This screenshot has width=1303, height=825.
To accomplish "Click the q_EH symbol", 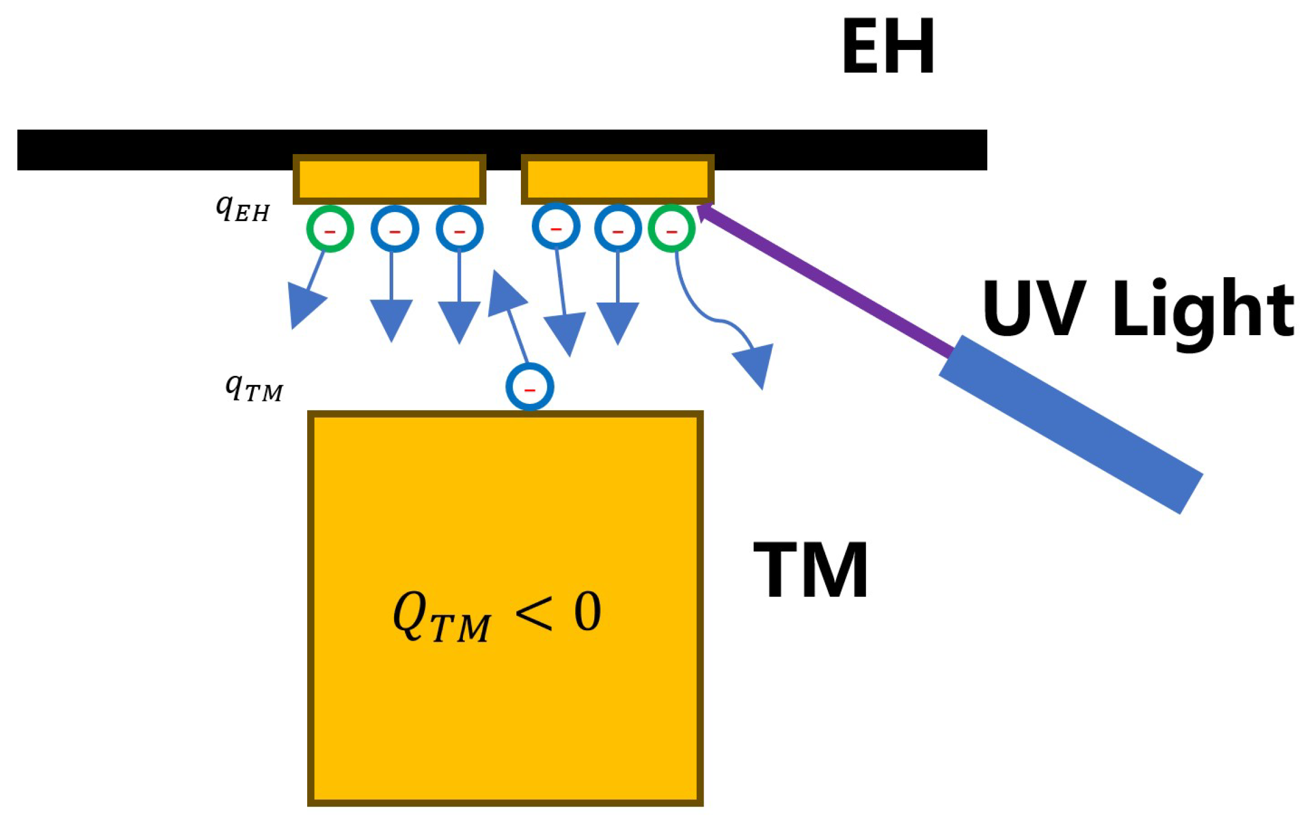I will tap(242, 209).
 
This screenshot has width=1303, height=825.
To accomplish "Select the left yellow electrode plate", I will tap(389, 179).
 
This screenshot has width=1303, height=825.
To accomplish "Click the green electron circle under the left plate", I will tap(329, 229).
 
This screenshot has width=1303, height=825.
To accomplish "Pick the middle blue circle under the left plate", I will tap(394, 229).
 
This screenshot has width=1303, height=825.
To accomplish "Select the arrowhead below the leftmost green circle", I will tap(304, 303).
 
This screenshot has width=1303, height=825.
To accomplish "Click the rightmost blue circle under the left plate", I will tap(459, 229).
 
